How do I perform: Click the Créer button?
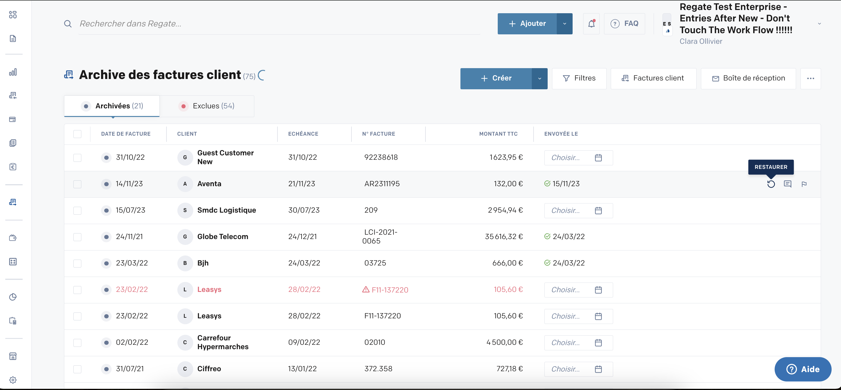(496, 78)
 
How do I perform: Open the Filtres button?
(579, 78)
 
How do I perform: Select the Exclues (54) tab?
(207, 106)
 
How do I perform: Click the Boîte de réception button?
(748, 78)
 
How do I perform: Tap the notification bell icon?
(591, 23)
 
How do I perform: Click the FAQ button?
(624, 23)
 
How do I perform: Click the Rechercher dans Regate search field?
(279, 23)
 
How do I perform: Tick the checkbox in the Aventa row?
(77, 184)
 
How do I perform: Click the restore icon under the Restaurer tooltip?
(771, 184)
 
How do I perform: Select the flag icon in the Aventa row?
(804, 184)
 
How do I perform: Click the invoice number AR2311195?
(382, 184)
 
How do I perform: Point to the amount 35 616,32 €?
(504, 237)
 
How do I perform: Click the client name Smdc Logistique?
(227, 210)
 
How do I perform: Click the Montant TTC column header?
(498, 134)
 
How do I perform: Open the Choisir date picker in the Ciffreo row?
(578, 369)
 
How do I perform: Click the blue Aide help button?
(803, 369)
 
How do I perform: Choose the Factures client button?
(653, 78)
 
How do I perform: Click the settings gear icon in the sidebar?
(13, 380)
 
